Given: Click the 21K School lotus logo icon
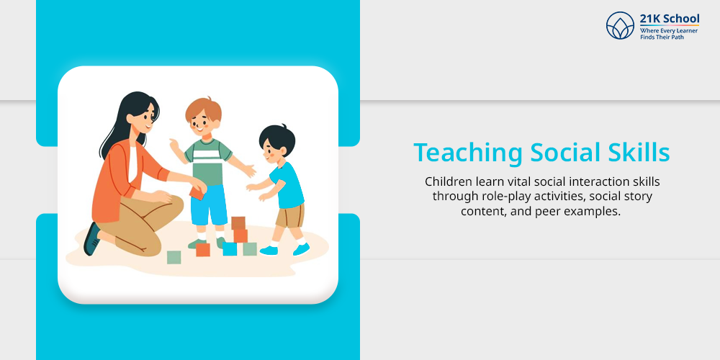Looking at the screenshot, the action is point(620,25).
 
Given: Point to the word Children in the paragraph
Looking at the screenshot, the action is point(445,181).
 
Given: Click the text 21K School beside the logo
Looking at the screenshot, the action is point(670,19).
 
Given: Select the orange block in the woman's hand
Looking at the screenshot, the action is point(197,193).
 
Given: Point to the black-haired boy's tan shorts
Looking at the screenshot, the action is point(290,216).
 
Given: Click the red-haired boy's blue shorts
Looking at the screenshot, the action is point(210,204).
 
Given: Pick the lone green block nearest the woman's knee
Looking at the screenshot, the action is point(174,257).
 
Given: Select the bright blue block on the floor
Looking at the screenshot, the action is point(230,249).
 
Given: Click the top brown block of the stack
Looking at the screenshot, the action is point(238,222).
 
